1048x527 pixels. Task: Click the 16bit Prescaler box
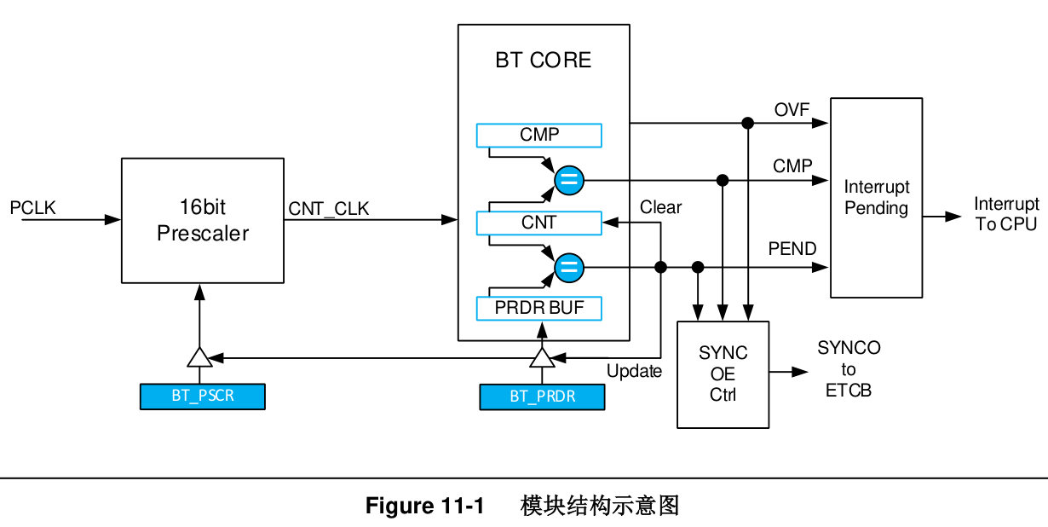(203, 220)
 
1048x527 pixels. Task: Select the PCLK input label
(32, 208)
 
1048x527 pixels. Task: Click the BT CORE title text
(543, 61)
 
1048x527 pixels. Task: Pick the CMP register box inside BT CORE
(538, 135)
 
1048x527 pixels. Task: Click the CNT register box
(538, 223)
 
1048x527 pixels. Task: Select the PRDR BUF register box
(538, 308)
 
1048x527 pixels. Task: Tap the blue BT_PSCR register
(202, 397)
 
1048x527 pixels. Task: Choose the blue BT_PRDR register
(542, 397)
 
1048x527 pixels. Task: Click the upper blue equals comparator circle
(568, 180)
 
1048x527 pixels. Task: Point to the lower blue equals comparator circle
(568, 268)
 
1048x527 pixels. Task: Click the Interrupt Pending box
(876, 198)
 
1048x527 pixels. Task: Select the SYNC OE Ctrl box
(723, 374)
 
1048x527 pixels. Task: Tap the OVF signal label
(792, 109)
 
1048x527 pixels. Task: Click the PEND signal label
(792, 249)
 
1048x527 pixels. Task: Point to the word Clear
(660, 207)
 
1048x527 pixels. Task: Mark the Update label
(634, 371)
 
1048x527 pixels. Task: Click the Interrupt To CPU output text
(1006, 214)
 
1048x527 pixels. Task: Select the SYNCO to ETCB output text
(849, 369)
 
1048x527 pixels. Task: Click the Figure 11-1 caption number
(424, 506)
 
